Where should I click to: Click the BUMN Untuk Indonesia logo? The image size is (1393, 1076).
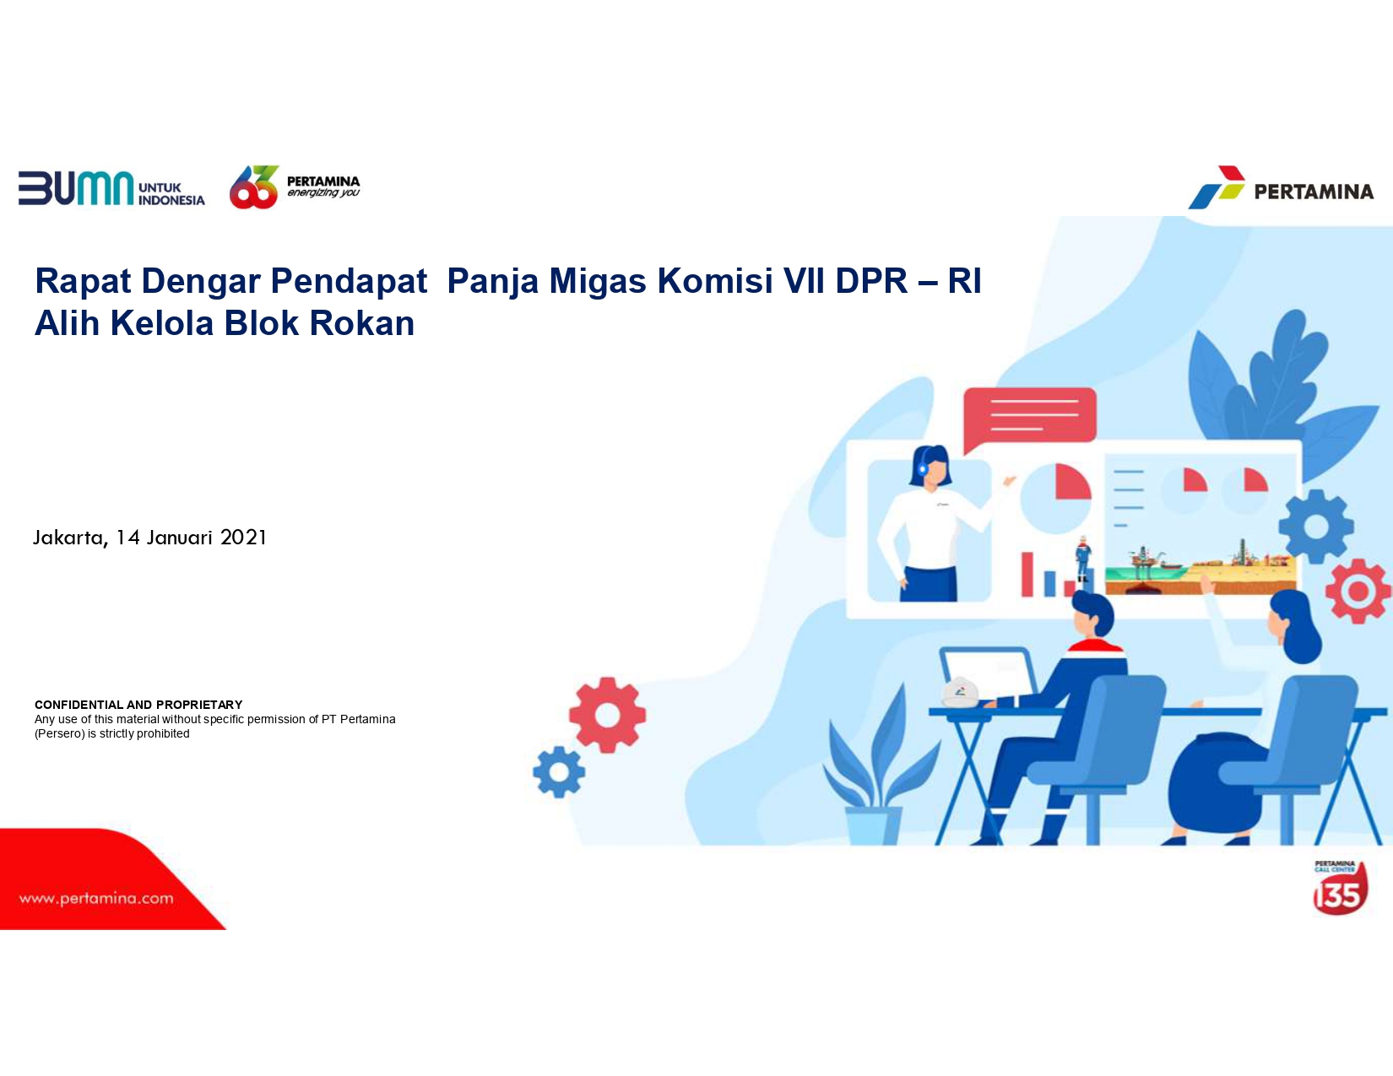111,188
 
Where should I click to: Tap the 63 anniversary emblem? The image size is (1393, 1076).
254,187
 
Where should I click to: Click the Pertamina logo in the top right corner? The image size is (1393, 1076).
1281,187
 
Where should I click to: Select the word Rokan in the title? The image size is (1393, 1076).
362,323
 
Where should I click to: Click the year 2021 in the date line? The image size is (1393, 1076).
243,537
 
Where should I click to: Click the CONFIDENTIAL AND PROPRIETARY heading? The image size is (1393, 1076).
138,705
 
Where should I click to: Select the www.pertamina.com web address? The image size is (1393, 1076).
96,899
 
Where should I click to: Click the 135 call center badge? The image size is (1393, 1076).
1340,889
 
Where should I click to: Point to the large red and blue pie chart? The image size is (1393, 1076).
1055,499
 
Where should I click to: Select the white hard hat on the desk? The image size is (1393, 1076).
960,692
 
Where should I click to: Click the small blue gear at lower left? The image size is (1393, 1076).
559,772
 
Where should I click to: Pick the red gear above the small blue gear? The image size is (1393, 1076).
607,715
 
